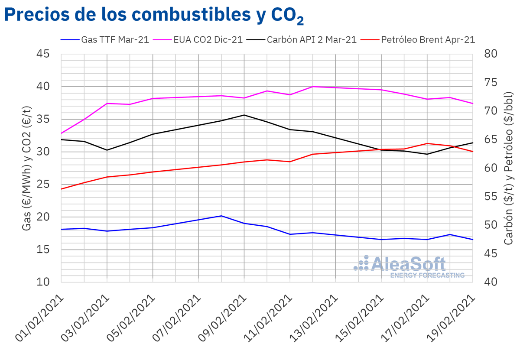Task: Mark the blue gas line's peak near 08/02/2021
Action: pos(221,216)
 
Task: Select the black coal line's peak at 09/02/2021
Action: pos(244,115)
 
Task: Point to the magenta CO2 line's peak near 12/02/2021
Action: pos(313,87)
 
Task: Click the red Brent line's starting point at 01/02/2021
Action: pos(62,189)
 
